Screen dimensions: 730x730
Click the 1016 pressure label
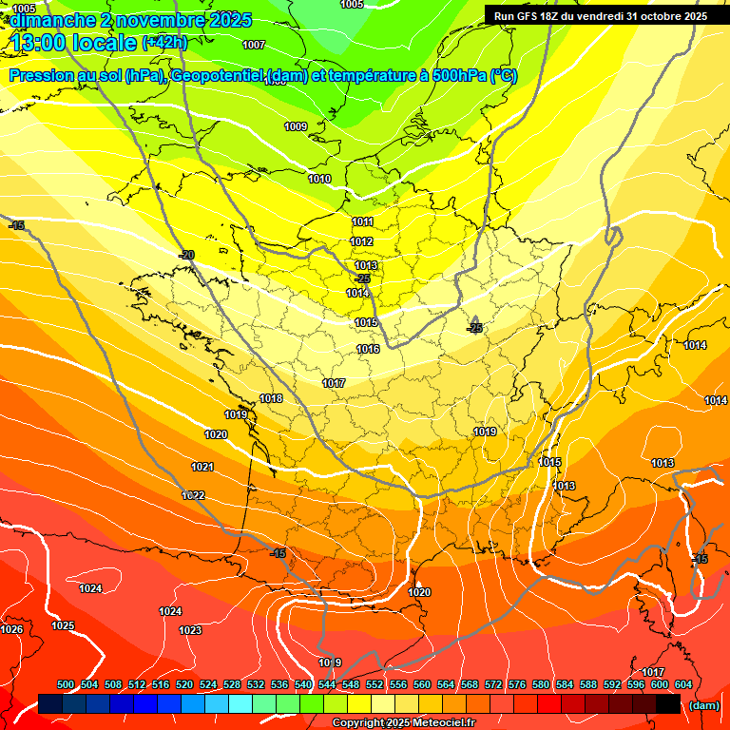click(x=368, y=350)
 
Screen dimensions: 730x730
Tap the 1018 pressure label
click(x=271, y=398)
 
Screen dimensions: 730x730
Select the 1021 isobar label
click(x=202, y=467)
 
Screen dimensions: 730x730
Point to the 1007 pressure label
click(x=254, y=45)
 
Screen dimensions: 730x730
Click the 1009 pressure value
click(x=296, y=126)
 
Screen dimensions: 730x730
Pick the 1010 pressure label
click(x=319, y=179)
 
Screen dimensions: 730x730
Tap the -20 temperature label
click(x=186, y=255)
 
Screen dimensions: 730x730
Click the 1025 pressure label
click(x=63, y=625)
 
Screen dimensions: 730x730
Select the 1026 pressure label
click(x=11, y=629)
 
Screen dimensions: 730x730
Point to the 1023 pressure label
click(x=190, y=630)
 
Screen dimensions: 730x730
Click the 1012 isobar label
click(x=362, y=242)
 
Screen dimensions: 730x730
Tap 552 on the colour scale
click(x=375, y=684)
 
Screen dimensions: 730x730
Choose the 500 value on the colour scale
click(x=66, y=684)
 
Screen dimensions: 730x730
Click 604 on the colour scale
click(x=682, y=684)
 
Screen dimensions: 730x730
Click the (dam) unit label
click(x=703, y=704)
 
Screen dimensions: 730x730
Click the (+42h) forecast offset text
click(x=164, y=42)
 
